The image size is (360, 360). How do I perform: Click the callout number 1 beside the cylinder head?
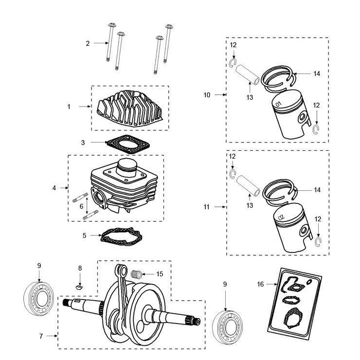pyautogui.click(x=69, y=106)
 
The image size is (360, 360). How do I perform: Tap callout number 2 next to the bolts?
pyautogui.click(x=88, y=43)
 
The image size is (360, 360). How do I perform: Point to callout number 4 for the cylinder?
pyautogui.click(x=54, y=187)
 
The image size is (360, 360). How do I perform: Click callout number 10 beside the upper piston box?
pyautogui.click(x=207, y=95)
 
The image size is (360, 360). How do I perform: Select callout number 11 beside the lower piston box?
pyautogui.click(x=207, y=207)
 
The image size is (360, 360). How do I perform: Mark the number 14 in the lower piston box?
pyautogui.click(x=317, y=190)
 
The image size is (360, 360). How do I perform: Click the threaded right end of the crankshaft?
pyautogui.click(x=197, y=322)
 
